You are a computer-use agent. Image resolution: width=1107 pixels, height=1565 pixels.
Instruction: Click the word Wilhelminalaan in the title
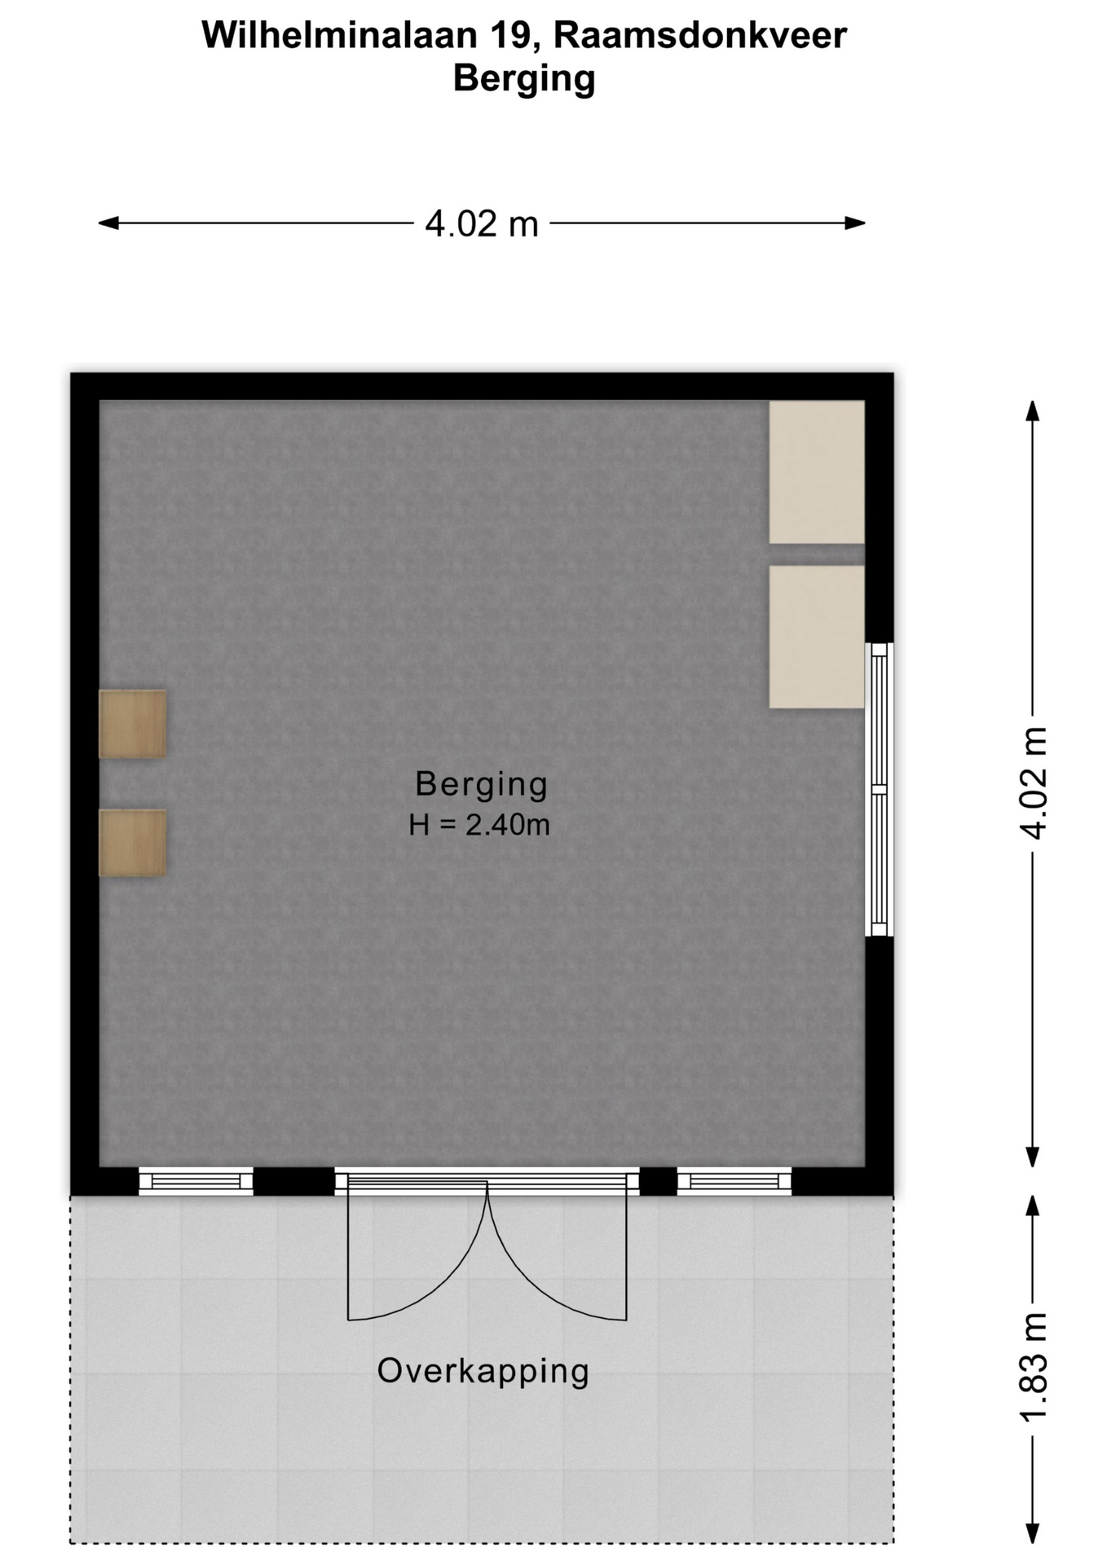(x=341, y=35)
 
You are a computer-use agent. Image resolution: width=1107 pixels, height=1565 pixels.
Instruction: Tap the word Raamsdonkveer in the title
(x=700, y=35)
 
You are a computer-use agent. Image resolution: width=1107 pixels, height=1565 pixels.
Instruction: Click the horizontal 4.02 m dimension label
(x=482, y=223)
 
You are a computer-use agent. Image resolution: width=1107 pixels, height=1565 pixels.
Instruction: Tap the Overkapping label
(x=483, y=1370)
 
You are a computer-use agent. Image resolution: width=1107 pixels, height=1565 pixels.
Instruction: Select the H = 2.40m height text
(x=479, y=825)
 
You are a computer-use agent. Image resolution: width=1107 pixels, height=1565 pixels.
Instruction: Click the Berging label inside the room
(x=481, y=784)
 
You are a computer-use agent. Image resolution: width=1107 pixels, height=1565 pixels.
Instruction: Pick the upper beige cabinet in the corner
(x=817, y=471)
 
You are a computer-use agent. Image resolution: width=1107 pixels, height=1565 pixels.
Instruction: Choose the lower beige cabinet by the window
(x=817, y=637)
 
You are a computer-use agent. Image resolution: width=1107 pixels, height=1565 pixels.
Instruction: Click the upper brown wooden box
(x=133, y=724)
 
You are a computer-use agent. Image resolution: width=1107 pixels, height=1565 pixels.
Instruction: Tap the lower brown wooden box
(x=133, y=843)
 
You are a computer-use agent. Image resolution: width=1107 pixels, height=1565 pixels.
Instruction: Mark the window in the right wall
(x=879, y=789)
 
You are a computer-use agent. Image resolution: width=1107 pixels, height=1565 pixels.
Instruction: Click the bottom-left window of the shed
(x=196, y=1181)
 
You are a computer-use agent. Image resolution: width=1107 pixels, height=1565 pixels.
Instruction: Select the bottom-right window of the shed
(x=734, y=1181)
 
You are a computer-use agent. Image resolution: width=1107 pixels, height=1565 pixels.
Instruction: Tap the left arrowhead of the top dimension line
(x=108, y=223)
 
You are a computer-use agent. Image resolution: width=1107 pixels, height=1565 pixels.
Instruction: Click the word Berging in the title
(x=524, y=79)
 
